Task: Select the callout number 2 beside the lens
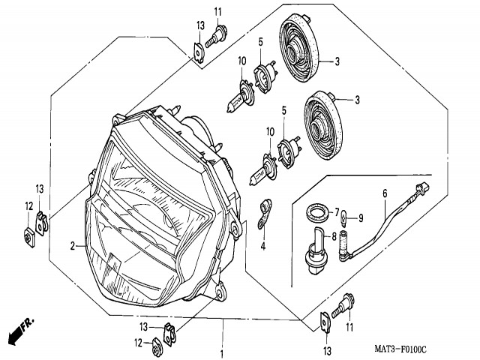click(x=73, y=246)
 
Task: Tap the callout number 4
click(x=263, y=245)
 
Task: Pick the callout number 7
click(x=337, y=212)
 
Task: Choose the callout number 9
click(x=360, y=218)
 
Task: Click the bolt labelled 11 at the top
click(x=222, y=32)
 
